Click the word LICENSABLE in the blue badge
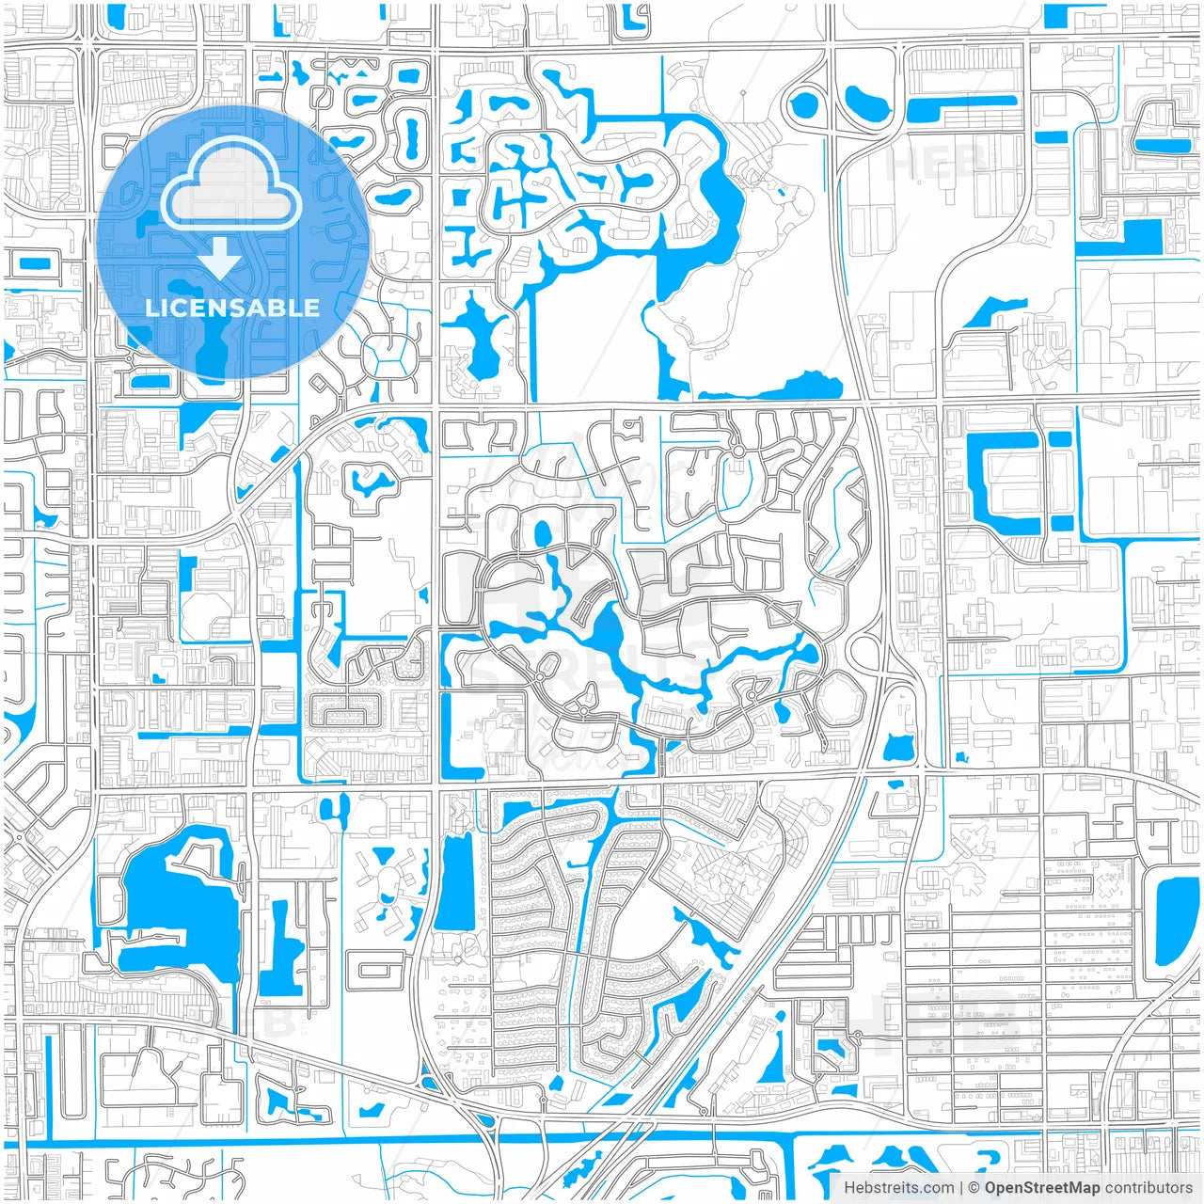[x=231, y=308]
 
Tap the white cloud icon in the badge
[x=230, y=188]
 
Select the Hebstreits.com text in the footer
[x=898, y=1188]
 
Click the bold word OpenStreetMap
[x=1041, y=1188]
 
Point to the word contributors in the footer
[x=1148, y=1188]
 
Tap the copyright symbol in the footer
[x=974, y=1188]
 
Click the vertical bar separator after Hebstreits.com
[x=961, y=1188]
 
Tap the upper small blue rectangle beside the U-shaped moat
[x=1059, y=439]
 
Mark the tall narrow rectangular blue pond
[x=454, y=879]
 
